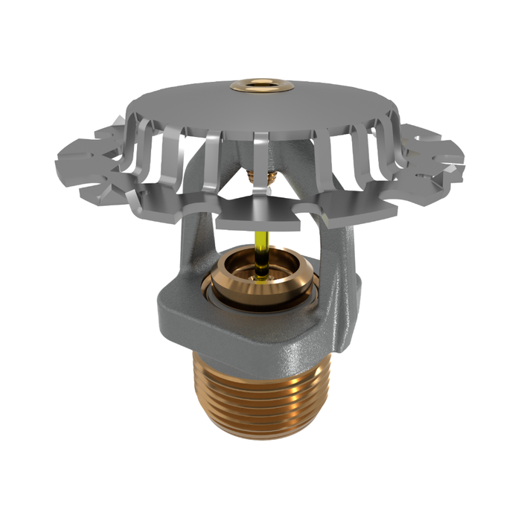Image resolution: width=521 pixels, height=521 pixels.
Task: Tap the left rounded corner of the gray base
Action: (165, 313)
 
